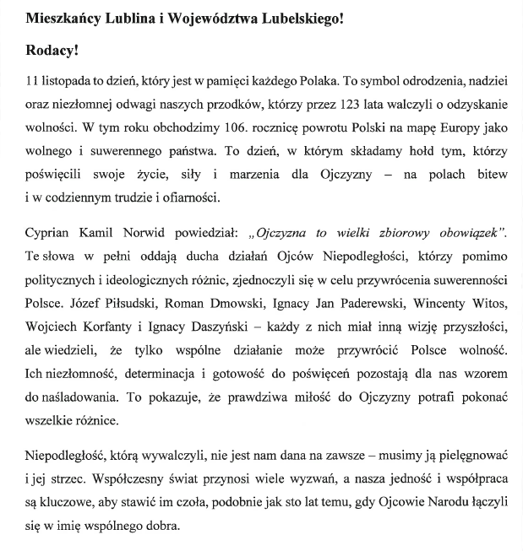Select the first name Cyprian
coord(51,232)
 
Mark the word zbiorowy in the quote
coord(390,232)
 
